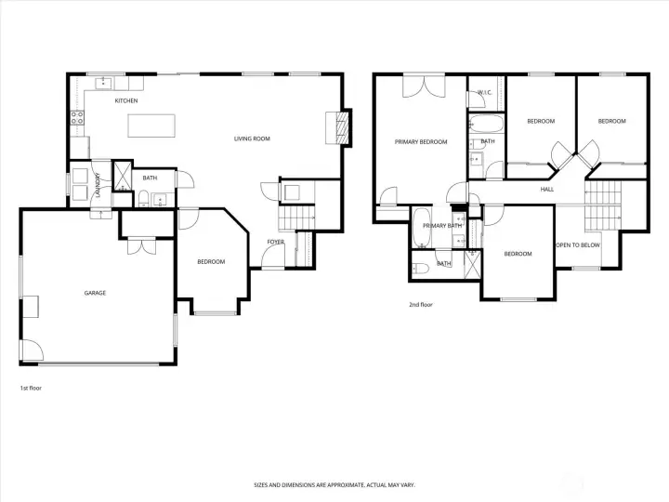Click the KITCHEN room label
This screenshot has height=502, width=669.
click(126, 100)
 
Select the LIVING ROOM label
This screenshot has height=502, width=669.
click(251, 139)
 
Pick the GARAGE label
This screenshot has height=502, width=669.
click(95, 293)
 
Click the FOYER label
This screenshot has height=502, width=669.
click(275, 242)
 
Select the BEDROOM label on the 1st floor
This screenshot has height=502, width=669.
click(211, 261)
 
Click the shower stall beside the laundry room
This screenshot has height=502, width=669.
click(121, 176)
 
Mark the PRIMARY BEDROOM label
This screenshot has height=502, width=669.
click(421, 142)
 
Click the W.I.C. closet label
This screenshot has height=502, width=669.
click(484, 93)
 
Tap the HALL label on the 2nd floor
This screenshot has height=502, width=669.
click(547, 189)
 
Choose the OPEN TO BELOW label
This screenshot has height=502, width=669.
click(577, 244)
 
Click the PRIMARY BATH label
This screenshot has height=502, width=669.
click(442, 226)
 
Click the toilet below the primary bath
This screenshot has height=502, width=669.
click(420, 268)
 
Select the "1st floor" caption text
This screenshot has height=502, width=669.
click(31, 388)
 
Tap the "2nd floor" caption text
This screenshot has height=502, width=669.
click(421, 304)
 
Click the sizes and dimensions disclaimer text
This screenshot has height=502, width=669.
click(334, 484)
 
